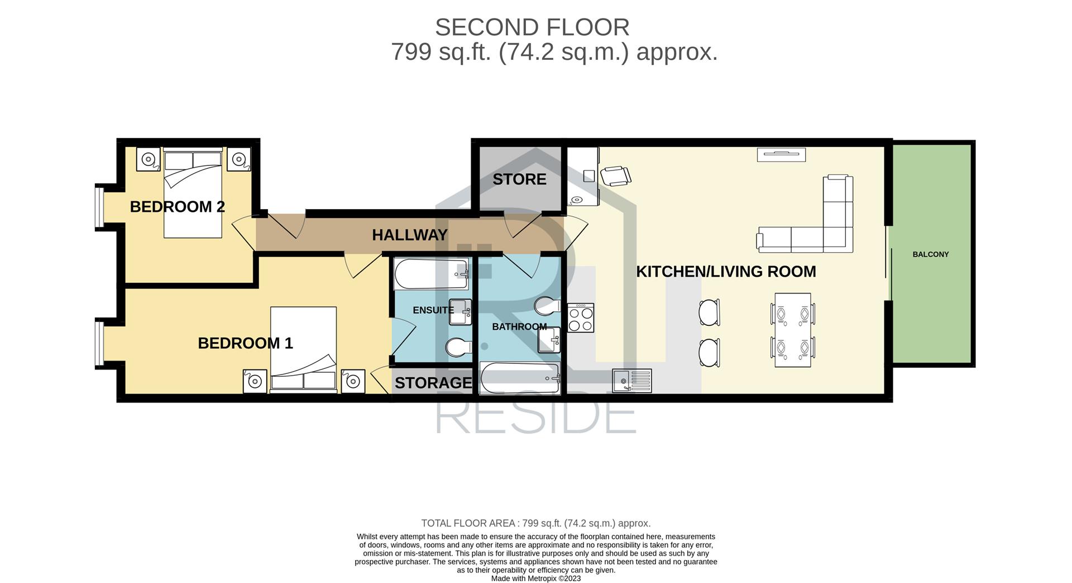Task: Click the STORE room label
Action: (519, 179)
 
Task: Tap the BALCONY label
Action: (931, 254)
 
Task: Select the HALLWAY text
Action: (410, 235)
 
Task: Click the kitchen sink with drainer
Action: (632, 381)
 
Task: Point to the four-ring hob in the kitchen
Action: (581, 318)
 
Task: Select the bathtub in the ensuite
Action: (432, 274)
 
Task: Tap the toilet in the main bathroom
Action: (547, 306)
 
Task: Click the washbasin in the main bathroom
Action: (549, 340)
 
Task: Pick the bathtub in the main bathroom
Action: (520, 378)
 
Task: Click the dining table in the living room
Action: (793, 330)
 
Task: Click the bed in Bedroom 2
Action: (193, 193)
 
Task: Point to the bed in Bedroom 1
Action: (304, 349)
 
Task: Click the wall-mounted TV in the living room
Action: (781, 154)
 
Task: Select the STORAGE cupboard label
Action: (433, 383)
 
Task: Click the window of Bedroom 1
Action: (99, 342)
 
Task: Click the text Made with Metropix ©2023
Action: (536, 579)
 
